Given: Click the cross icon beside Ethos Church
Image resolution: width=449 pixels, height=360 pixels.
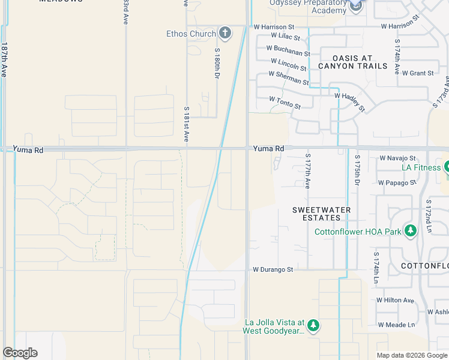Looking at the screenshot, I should [225, 32].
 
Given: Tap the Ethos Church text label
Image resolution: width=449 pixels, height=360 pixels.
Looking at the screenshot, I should [191, 34].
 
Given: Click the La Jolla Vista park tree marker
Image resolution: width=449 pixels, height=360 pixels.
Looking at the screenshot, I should [313, 325].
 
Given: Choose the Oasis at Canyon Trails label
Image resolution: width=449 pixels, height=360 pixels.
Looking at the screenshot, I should [352, 62].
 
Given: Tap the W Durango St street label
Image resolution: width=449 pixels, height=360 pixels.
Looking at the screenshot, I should [273, 270].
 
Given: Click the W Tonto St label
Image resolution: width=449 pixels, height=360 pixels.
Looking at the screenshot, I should [285, 103].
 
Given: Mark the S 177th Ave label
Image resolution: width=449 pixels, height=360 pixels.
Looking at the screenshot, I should [307, 170].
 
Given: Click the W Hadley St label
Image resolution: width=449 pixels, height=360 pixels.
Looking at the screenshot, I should [349, 101].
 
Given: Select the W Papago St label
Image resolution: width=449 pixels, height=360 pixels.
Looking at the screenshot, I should [397, 182].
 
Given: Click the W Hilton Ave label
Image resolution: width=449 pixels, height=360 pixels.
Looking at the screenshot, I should [395, 300].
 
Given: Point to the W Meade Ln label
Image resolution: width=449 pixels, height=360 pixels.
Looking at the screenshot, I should [396, 325].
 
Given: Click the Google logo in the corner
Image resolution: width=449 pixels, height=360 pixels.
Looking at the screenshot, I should [20, 353].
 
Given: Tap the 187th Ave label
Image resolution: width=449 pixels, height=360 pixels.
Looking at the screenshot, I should [4, 59].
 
